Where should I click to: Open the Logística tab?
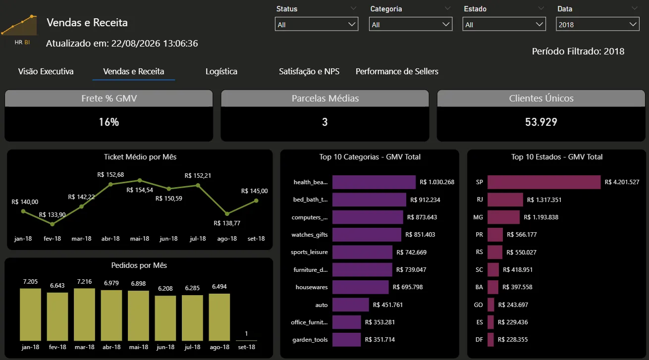221,71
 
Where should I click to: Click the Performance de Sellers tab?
397,71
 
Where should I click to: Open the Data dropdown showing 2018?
597,24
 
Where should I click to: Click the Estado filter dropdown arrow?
539,24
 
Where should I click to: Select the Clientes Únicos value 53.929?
541,122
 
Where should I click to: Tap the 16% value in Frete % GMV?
108,122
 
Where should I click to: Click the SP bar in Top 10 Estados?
544,182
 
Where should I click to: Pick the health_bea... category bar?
374,182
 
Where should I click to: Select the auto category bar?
351,305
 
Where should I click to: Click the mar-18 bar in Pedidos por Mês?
84,314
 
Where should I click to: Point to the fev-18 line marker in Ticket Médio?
52,224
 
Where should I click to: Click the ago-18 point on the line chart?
227,214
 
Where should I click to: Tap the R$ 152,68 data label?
110,175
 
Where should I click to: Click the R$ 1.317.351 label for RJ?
544,200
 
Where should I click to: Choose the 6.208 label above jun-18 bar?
165,289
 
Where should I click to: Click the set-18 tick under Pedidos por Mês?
246,347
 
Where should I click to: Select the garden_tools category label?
310,340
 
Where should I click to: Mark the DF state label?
479,339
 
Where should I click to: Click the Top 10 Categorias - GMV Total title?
370,156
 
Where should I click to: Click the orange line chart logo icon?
20,25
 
